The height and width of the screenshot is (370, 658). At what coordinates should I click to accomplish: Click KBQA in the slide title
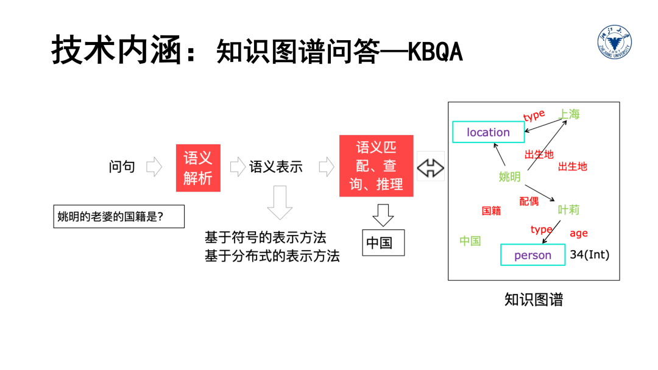[435, 53]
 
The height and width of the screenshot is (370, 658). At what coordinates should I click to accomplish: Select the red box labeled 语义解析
[198, 168]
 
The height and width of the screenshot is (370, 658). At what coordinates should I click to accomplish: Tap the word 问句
[122, 167]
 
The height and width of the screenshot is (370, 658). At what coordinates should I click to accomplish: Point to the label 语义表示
[275, 167]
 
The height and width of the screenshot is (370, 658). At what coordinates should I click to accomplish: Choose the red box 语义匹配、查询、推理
[376, 166]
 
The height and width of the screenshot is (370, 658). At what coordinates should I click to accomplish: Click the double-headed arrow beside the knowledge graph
[431, 167]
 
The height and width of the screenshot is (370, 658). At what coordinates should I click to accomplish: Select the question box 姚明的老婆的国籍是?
[119, 216]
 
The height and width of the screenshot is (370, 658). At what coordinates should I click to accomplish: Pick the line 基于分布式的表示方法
[272, 256]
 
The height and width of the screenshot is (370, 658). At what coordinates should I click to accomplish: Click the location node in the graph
[488, 132]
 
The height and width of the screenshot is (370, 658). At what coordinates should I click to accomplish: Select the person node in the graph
[532, 255]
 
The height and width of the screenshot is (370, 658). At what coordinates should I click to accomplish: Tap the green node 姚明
[509, 177]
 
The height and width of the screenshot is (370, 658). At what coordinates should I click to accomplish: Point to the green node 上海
[569, 114]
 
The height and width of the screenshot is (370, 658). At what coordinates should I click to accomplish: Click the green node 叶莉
[568, 210]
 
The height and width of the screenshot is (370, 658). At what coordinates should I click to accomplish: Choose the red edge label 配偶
[529, 201]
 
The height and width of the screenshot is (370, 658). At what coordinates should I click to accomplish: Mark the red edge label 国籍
[491, 211]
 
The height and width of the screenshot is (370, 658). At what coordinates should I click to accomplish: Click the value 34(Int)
[589, 255]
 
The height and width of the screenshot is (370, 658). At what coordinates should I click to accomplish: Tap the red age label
[578, 233]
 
